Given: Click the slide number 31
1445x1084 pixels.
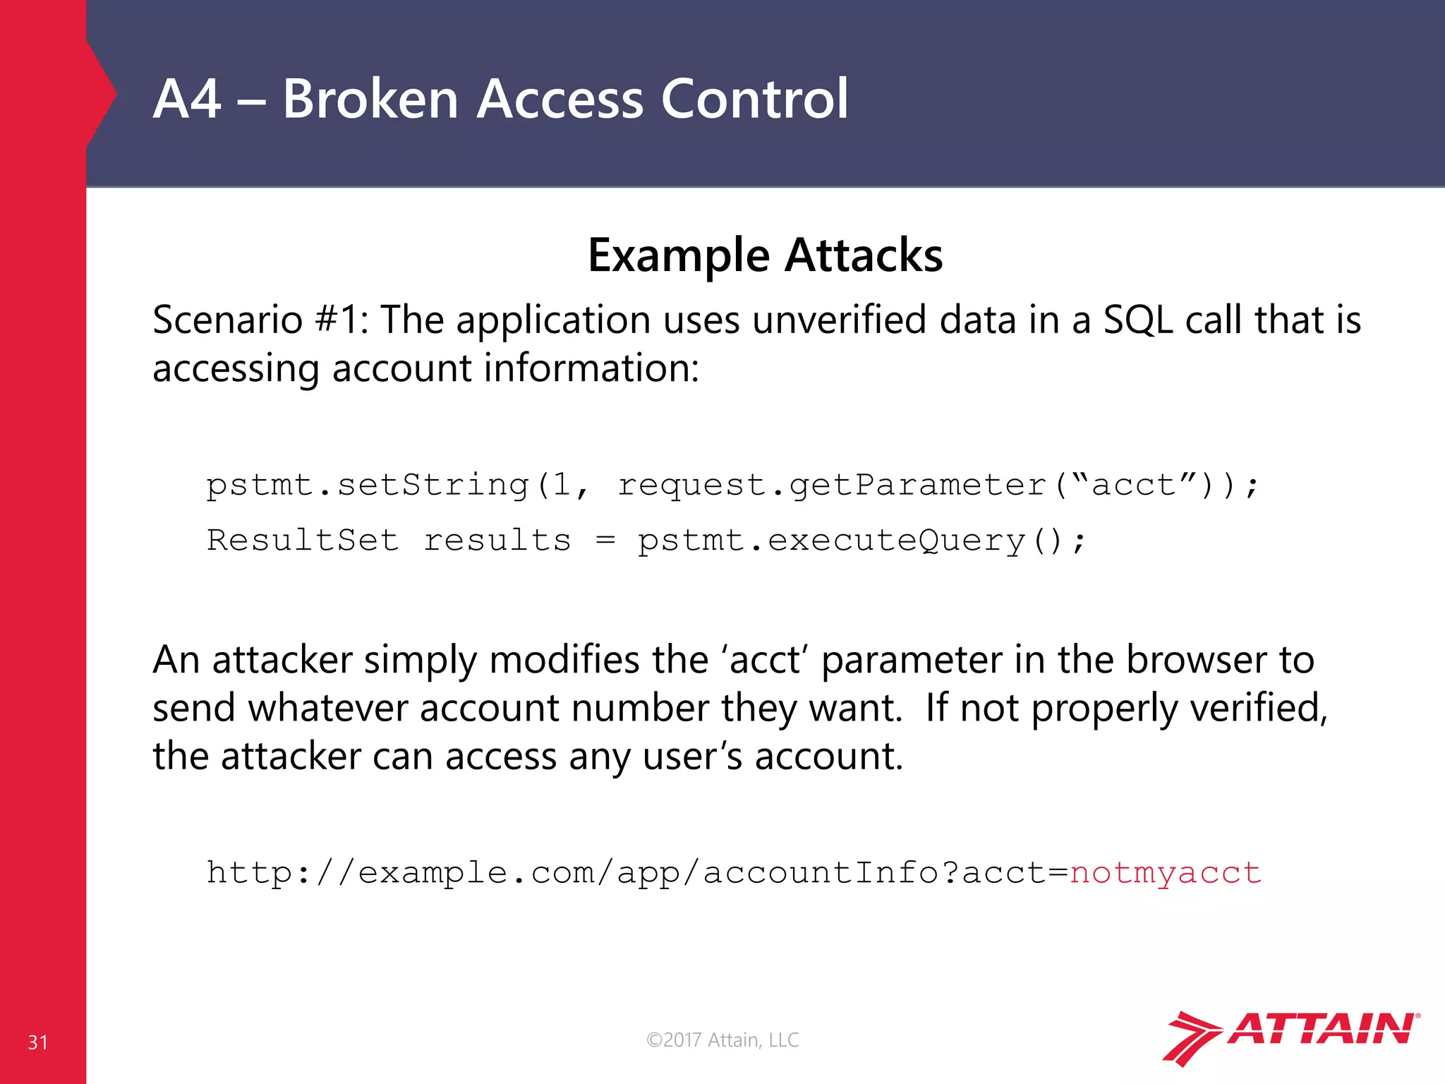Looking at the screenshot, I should (38, 1042).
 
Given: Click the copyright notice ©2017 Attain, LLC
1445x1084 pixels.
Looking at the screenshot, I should (722, 1040).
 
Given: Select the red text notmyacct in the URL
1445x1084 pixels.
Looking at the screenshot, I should (1165, 873).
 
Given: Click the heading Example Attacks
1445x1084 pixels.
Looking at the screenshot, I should (765, 255).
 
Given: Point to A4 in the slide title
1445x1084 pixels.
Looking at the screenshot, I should (186, 99).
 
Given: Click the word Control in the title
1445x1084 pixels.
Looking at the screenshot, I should (754, 99).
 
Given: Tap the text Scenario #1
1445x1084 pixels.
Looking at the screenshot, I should (258, 320).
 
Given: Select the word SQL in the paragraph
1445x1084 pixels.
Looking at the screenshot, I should (1138, 320).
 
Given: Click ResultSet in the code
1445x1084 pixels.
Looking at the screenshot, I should (303, 541).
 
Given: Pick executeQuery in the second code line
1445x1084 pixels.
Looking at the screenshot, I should (897, 541).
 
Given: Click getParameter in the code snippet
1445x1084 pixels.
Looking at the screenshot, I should (917, 486).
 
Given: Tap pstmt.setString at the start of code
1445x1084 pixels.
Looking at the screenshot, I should (367, 486).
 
